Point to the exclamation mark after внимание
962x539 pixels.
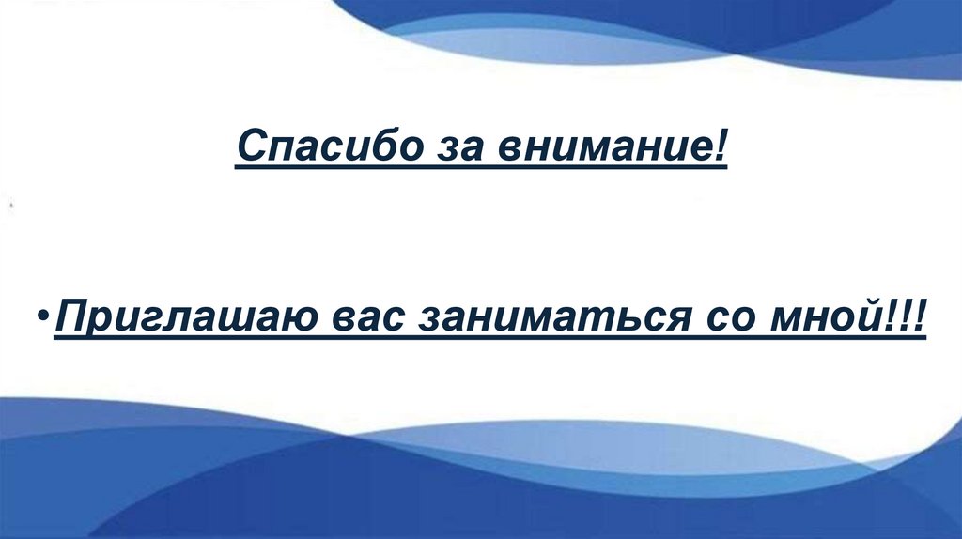[x=720, y=146]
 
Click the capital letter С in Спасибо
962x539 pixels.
[x=250, y=147]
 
